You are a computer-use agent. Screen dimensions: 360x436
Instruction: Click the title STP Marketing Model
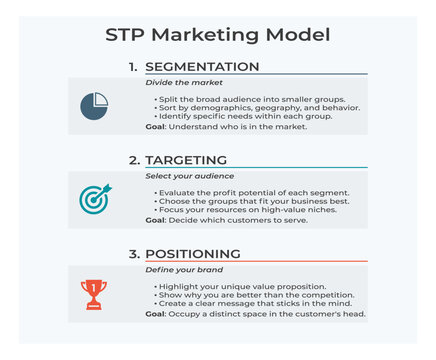[x=218, y=35]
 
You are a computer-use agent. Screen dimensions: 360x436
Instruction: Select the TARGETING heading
[x=186, y=160]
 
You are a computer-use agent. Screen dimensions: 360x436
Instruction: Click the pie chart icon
[x=94, y=106]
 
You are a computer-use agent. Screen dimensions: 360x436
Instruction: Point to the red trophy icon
[x=95, y=292]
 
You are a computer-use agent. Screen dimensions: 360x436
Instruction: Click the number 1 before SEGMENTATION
[x=133, y=67]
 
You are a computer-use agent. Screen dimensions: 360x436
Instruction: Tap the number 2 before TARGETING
[x=133, y=160]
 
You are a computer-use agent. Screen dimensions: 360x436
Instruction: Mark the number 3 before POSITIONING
[x=133, y=254]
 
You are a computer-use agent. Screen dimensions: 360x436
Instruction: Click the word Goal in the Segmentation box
[x=156, y=127]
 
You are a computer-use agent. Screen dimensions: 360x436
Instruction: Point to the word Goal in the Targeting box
[x=156, y=220]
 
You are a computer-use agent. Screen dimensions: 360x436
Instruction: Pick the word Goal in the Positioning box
[x=156, y=314]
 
